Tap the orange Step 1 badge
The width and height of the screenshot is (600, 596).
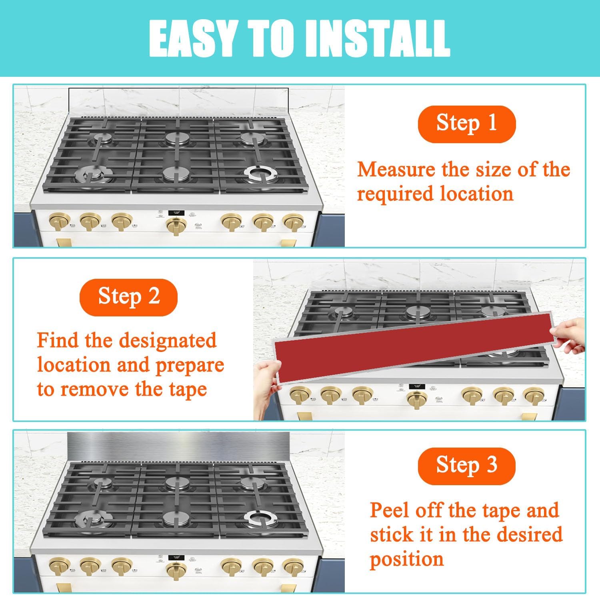tap(466, 124)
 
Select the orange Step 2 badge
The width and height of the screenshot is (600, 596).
tap(128, 297)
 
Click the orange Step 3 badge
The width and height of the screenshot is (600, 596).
tap(466, 466)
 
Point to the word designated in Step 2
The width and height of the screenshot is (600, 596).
tap(168, 341)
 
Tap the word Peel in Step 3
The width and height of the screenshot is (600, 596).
tap(390, 511)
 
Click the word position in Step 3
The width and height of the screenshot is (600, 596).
tap(406, 559)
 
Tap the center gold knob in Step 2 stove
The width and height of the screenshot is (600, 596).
tap(416, 399)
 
